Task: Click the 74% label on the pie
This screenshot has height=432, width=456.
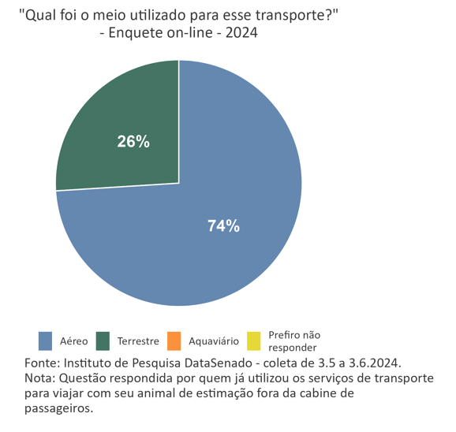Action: click(223, 226)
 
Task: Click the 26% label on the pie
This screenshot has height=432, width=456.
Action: click(133, 142)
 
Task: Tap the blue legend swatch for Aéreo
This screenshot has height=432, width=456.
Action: click(46, 341)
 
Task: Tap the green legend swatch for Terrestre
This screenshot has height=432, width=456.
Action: click(103, 341)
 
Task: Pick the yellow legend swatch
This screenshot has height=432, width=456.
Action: click(254, 341)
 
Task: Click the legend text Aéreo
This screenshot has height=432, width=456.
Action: click(74, 341)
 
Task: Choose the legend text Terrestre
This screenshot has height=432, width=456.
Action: click(138, 341)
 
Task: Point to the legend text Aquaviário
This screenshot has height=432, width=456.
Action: click(214, 341)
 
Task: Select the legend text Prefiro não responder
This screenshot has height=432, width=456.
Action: click(294, 341)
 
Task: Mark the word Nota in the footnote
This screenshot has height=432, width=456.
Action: click(39, 378)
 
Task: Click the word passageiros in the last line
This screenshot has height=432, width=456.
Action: click(58, 408)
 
